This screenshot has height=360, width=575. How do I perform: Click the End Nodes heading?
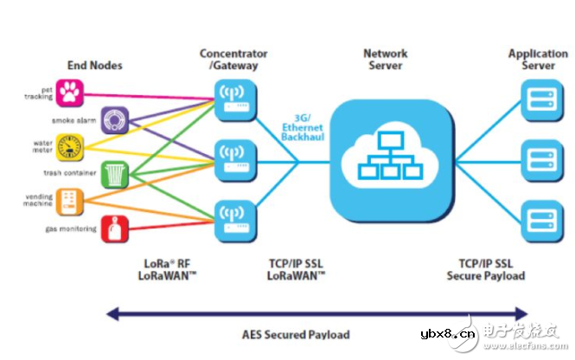tap(94, 65)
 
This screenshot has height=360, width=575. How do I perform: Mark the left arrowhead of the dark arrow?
tap(110, 312)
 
